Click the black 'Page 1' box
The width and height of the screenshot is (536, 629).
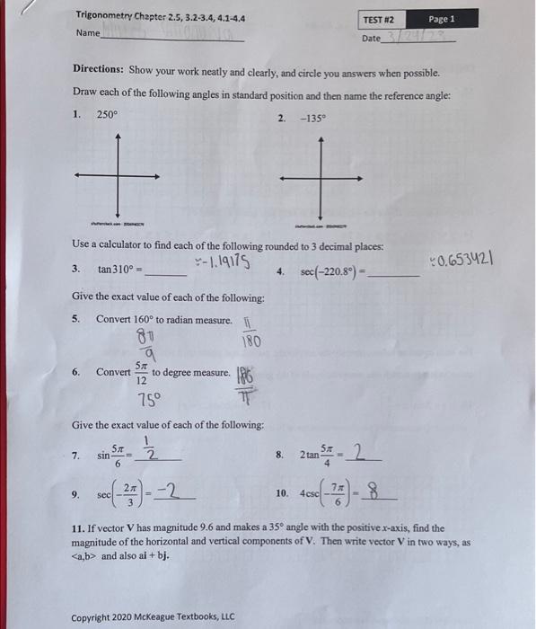(441, 19)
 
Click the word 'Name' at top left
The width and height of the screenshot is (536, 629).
(87, 33)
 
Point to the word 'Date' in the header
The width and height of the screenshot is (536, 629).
(371, 39)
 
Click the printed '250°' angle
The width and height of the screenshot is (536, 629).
(107, 114)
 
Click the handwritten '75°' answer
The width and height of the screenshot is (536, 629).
(149, 400)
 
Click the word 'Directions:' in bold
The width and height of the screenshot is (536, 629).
(99, 72)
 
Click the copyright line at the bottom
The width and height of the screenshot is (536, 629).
(153, 616)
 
